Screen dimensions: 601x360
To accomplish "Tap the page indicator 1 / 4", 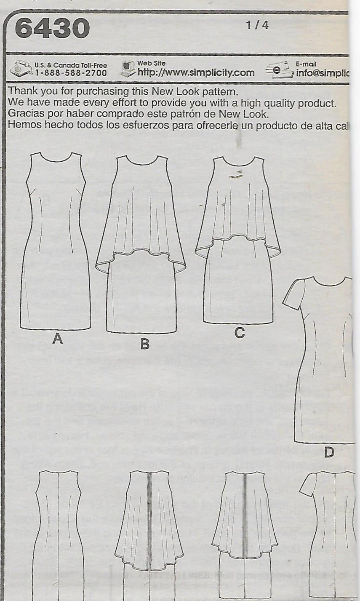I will pyautogui.click(x=257, y=25).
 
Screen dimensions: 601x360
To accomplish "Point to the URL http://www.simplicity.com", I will pyautogui.click(x=196, y=72).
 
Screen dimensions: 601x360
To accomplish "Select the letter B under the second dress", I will pyautogui.click(x=144, y=345).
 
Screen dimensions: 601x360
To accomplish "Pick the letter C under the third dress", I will pyautogui.click(x=239, y=333).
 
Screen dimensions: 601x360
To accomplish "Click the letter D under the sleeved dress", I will pyautogui.click(x=329, y=453).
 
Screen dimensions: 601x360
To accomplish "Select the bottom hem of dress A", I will pyautogui.click(x=55, y=329).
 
